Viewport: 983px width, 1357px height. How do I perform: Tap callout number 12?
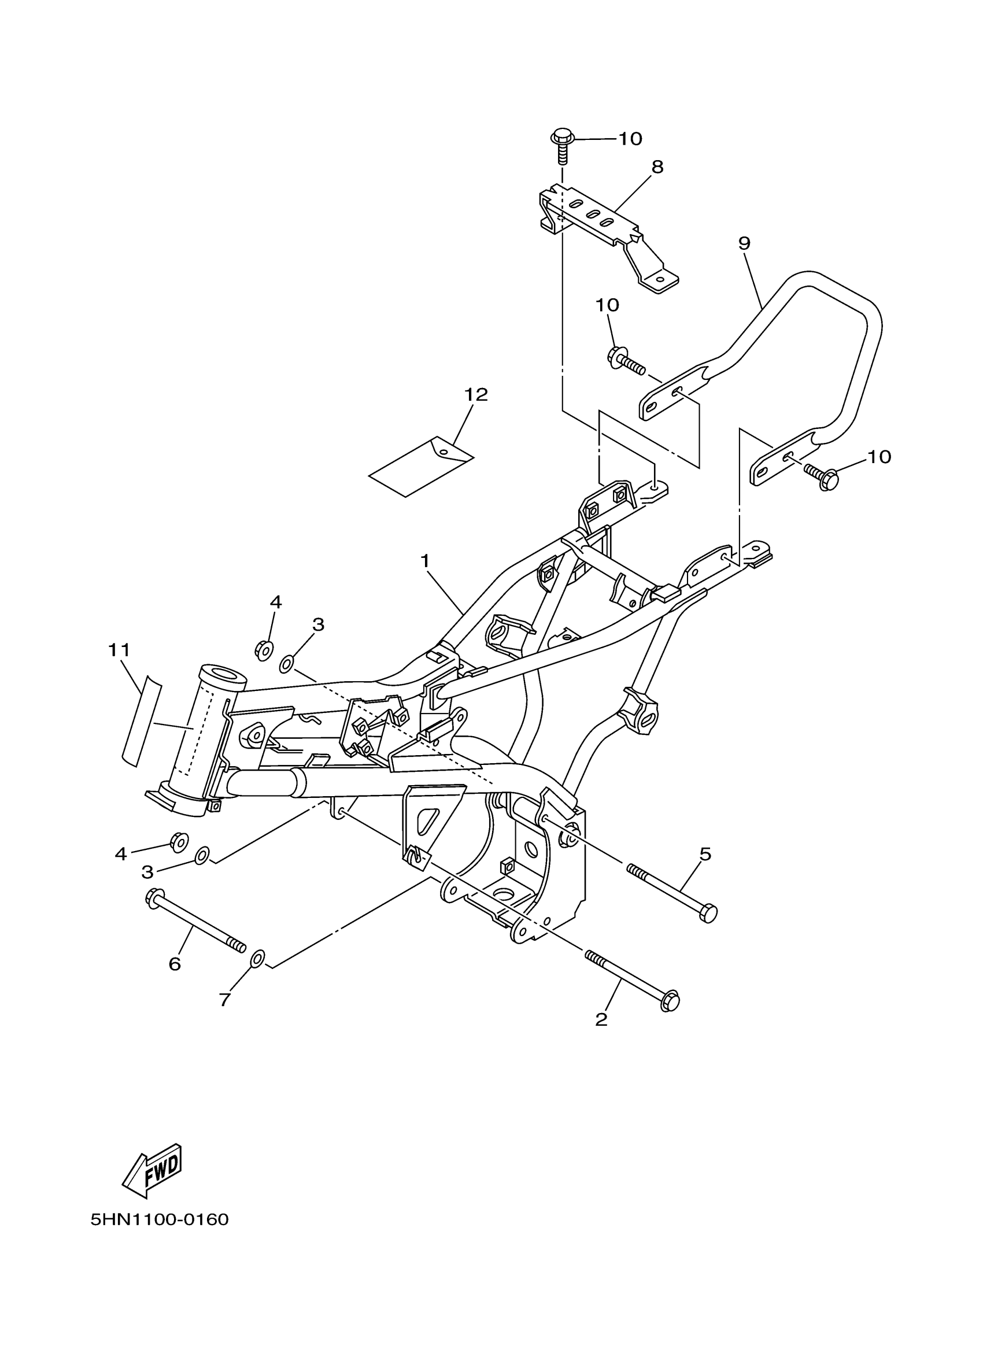click(476, 394)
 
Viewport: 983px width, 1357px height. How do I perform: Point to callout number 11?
click(119, 650)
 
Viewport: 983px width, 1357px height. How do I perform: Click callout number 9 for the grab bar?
click(744, 243)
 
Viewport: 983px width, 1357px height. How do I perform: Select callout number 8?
click(657, 167)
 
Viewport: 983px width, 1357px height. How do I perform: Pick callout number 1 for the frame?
click(426, 561)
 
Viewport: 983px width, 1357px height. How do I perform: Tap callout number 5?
click(705, 854)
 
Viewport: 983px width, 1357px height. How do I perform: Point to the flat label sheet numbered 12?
click(421, 467)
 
